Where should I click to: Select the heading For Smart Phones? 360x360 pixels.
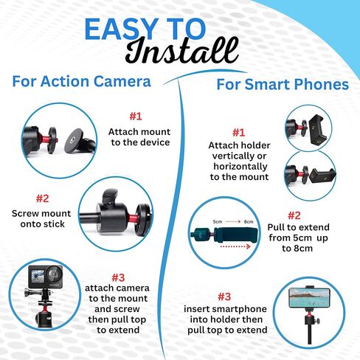[282, 84]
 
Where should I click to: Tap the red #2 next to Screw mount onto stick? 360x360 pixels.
[42, 198]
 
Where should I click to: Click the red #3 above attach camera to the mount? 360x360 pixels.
[118, 277]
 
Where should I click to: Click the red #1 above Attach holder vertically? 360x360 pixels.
[238, 132]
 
